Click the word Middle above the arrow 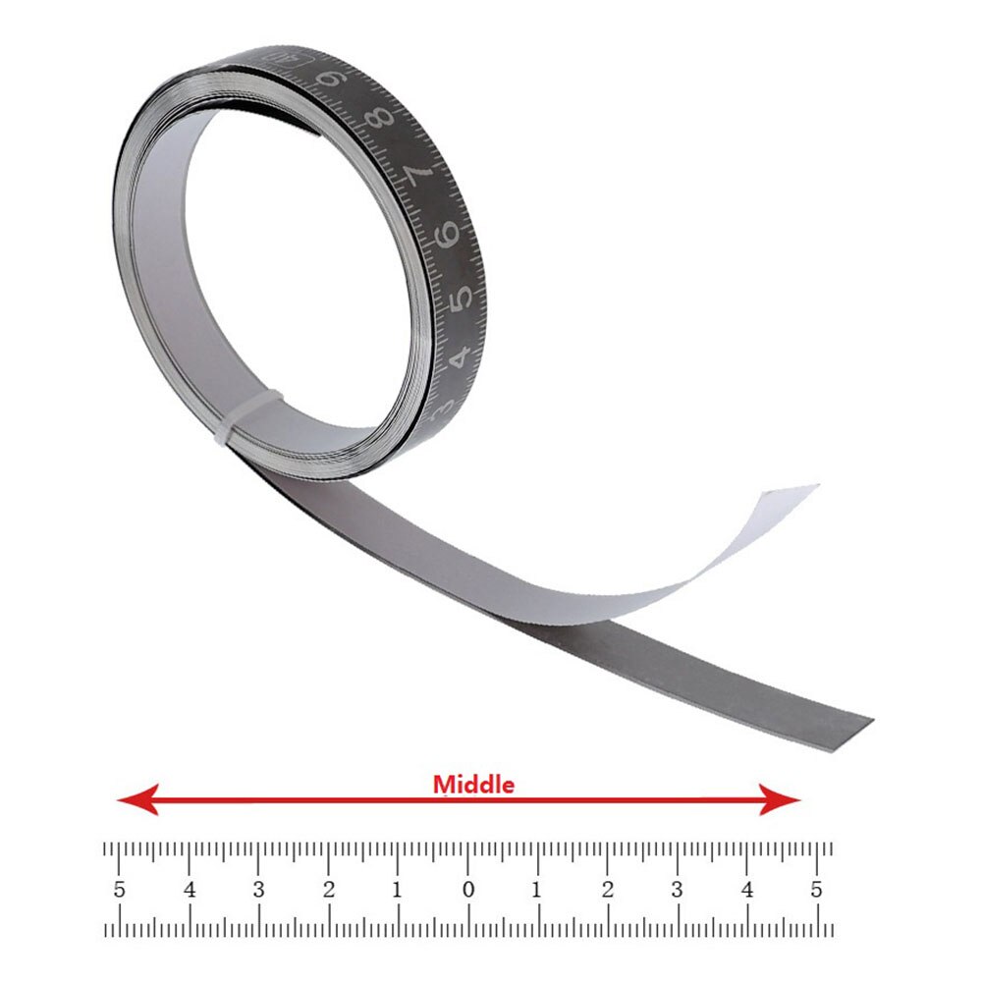(473, 785)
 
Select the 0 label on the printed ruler (468, 891)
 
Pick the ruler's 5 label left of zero (120, 891)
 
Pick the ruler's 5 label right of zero (816, 891)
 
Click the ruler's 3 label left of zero (258, 891)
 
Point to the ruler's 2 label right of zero (607, 891)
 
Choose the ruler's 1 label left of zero (398, 891)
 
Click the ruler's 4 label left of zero (190, 891)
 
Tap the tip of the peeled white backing (811, 488)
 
